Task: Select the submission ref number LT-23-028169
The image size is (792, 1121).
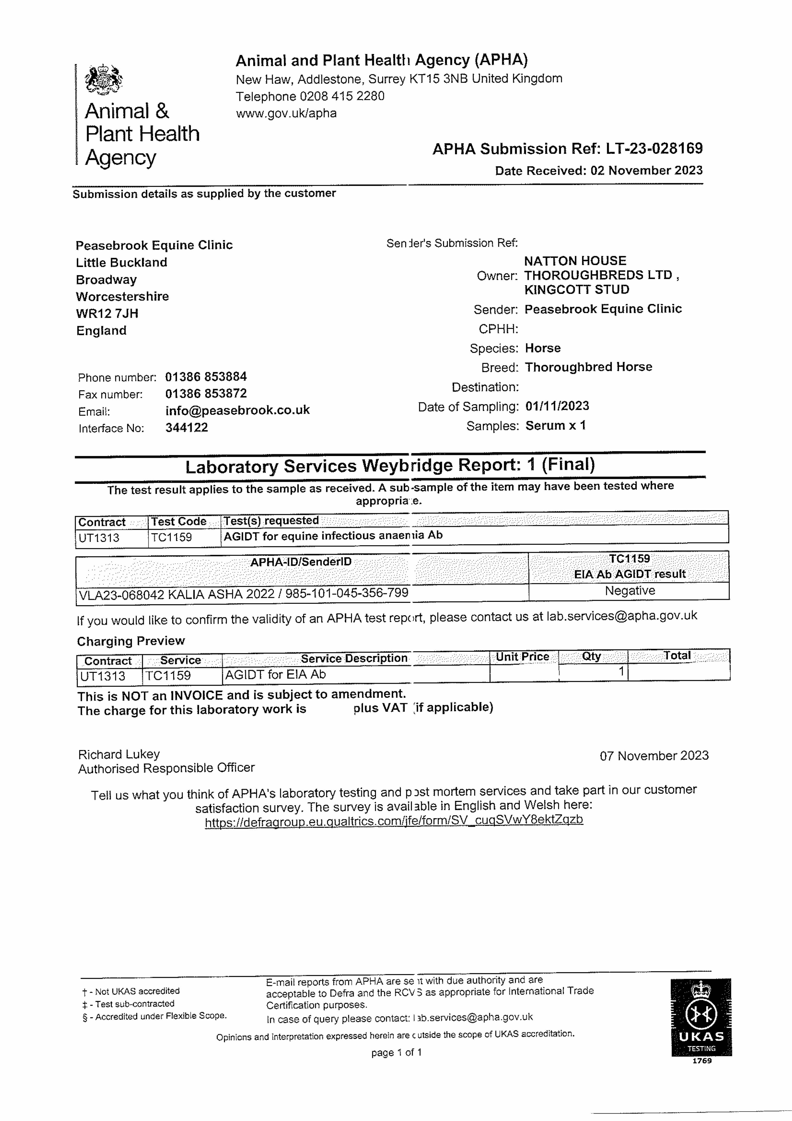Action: pyautogui.click(x=654, y=148)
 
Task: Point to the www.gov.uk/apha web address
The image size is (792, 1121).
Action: pyautogui.click(x=286, y=114)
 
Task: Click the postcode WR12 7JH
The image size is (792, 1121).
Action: pyautogui.click(x=107, y=313)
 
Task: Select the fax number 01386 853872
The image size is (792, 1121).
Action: pyautogui.click(x=206, y=393)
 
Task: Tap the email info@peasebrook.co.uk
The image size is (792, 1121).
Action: pyautogui.click(x=237, y=410)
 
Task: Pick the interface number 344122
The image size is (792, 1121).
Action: pyautogui.click(x=186, y=428)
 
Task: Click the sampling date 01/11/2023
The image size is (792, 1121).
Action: pyautogui.click(x=557, y=406)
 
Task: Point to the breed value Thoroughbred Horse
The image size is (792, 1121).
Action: pyautogui.click(x=588, y=367)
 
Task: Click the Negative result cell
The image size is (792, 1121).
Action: pyautogui.click(x=630, y=591)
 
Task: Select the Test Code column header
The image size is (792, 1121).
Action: pyautogui.click(x=179, y=521)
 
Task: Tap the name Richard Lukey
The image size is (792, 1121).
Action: pyautogui.click(x=119, y=754)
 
